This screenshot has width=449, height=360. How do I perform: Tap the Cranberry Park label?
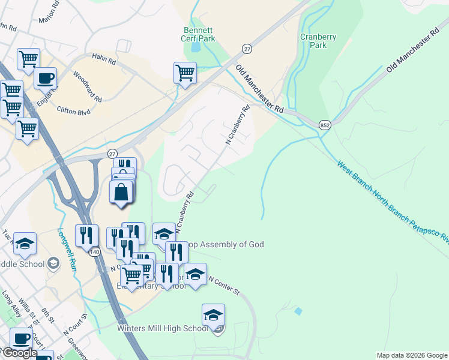(318, 41)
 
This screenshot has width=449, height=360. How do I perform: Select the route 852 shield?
(324, 124)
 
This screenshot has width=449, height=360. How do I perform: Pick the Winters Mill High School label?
(162, 328)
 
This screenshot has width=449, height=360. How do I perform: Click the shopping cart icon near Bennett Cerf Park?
(185, 73)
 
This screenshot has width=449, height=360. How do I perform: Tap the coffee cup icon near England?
(45, 77)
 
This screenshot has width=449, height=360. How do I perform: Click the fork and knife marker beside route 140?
(86, 235)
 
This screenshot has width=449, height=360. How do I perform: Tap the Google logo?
(19, 353)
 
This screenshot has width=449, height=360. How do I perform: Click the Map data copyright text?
(412, 355)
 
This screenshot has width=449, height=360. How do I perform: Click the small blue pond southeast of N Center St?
(298, 311)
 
